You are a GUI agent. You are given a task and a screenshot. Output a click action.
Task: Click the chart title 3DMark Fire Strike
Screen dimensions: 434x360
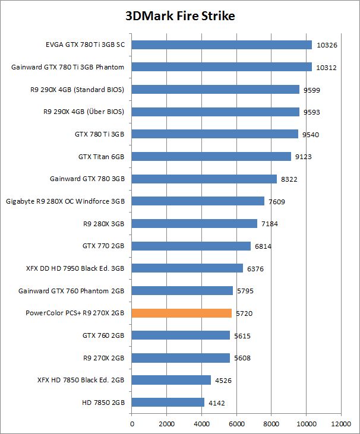(180, 16)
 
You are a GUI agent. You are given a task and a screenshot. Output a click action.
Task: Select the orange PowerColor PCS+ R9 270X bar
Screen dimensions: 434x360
(182, 313)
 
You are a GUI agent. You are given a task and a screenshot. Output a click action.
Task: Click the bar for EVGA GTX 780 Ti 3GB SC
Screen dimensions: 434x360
(222, 45)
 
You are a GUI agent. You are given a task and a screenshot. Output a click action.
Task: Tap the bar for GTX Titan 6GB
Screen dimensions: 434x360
(211, 157)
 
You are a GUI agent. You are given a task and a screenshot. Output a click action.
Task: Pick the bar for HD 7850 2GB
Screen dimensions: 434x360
(168, 403)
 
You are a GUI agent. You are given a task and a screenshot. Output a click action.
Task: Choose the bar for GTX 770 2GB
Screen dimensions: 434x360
(191, 246)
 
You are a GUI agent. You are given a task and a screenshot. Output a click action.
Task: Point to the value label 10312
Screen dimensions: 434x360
(327, 67)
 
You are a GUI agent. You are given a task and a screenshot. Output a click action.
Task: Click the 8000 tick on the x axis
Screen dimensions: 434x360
(271, 424)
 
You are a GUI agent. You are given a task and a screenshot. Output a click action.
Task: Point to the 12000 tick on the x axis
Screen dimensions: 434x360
(340, 424)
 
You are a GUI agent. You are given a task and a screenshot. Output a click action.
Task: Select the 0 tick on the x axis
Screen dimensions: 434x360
(132, 424)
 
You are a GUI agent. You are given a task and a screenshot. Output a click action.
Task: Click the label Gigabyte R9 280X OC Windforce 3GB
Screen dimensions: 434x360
(65, 201)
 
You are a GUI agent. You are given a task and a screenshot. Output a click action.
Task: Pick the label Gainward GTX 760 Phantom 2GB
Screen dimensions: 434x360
(71, 291)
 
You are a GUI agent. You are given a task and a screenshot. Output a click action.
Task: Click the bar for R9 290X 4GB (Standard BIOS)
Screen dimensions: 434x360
(215, 89)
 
